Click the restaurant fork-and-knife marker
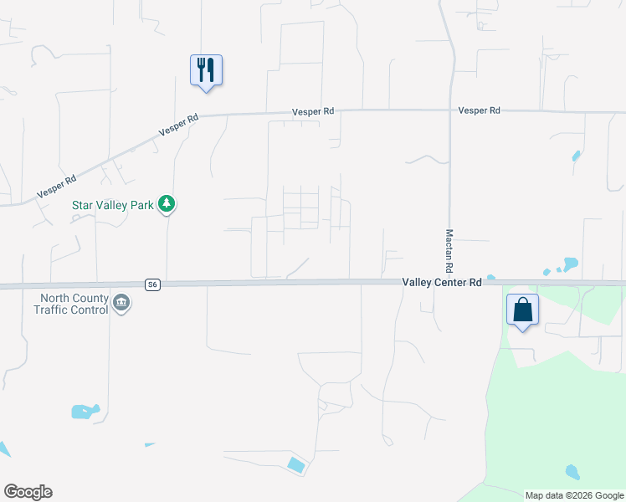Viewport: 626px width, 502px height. (x=206, y=69)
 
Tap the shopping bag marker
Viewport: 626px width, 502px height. (x=522, y=310)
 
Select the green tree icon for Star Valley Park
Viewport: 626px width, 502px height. (x=167, y=203)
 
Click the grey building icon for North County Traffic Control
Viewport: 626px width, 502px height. (x=122, y=303)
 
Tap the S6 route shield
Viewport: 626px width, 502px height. (x=151, y=284)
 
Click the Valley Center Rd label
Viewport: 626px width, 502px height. (x=441, y=283)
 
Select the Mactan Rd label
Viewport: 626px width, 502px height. (x=449, y=250)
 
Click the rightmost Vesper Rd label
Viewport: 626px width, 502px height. (x=479, y=110)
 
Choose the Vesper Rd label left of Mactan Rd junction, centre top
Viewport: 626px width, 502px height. (x=313, y=110)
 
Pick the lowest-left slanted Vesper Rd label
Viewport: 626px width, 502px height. (x=57, y=187)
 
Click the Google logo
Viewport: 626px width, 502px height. (x=28, y=492)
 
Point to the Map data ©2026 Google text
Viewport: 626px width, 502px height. (x=574, y=495)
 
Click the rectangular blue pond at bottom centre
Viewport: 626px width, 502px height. (x=296, y=464)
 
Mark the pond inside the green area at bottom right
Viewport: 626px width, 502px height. (x=572, y=472)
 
